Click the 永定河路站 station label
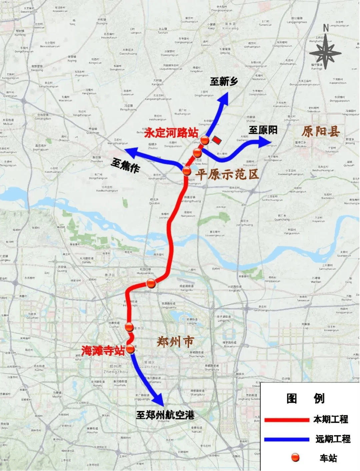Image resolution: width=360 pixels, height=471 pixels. coord(171,133)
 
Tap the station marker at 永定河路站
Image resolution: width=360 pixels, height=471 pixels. coord(205,140)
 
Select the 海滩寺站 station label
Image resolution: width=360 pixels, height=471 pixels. coord(103,350)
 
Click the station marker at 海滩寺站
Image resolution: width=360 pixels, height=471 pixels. coord(130,349)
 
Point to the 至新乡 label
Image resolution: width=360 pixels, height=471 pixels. coord(224,81)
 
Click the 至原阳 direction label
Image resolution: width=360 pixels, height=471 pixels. coord(263,130)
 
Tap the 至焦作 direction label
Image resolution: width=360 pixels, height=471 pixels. coord(125,165)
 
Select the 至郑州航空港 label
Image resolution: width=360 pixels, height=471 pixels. coord(165,415)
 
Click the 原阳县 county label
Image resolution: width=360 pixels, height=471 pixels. coord(321,131)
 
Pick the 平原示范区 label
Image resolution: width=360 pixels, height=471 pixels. coord(227,174)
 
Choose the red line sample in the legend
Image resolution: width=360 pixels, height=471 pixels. coord(287,420)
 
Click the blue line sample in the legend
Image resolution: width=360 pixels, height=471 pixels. coord(287,439)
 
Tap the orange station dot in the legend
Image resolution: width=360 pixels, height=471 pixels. coord(295,458)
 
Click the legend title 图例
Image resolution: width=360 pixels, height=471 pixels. coord(305,398)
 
